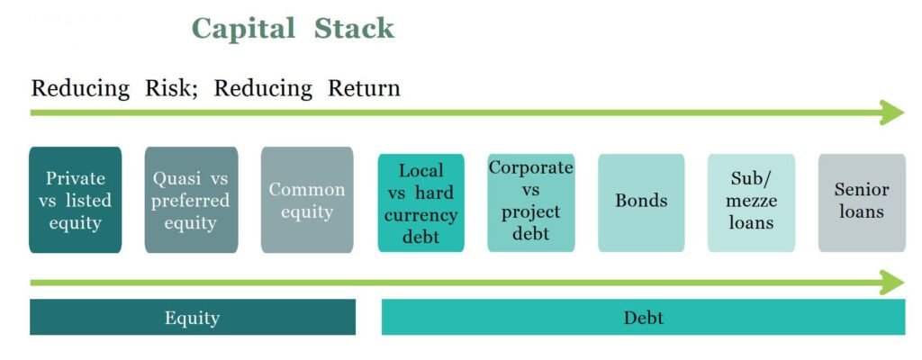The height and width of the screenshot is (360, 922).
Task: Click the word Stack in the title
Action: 354,28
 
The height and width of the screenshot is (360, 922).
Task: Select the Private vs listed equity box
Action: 76,200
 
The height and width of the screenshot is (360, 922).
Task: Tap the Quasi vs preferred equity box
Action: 191,200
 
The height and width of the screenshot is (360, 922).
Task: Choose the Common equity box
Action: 307,200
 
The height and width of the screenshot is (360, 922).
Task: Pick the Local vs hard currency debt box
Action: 421,202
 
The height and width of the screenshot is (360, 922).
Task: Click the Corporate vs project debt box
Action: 531,202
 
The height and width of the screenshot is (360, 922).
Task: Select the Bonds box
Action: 641,202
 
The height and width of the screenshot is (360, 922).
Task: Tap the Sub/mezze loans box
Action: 751,202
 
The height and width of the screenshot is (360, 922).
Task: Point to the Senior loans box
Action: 862,202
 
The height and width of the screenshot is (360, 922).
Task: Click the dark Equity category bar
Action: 193,317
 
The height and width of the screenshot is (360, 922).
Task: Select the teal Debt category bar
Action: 643,317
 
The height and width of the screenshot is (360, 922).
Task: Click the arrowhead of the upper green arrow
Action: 892,112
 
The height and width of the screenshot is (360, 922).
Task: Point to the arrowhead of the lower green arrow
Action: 892,283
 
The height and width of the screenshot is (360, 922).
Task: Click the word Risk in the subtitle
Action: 171,88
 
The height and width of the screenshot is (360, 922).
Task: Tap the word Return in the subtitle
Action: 364,88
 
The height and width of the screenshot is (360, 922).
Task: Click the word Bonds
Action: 641,201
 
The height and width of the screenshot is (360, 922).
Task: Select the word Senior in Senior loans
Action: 862,189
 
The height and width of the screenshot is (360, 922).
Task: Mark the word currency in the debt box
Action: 421,215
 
